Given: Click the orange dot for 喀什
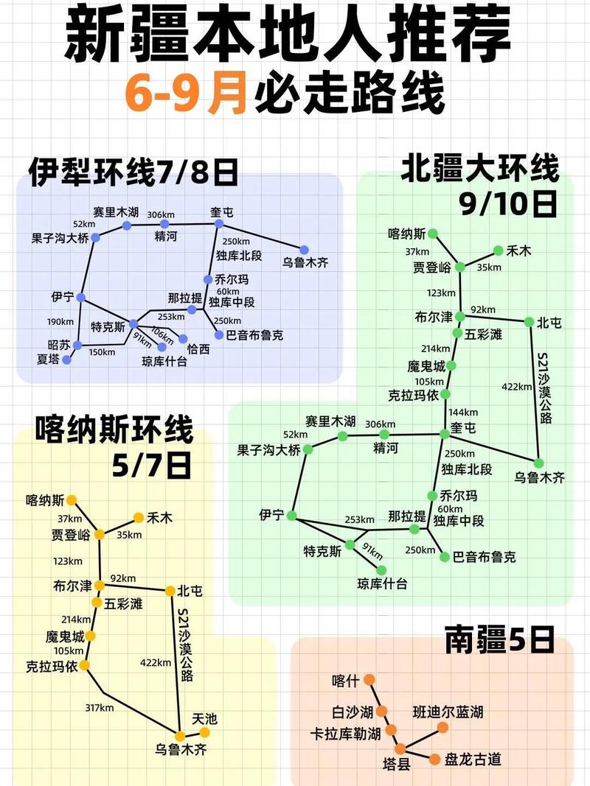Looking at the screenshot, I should tap(369, 679).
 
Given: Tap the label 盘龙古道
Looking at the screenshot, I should tap(472, 759).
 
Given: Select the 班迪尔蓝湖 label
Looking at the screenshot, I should tap(448, 712).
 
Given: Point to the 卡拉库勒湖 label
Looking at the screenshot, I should tap(346, 734).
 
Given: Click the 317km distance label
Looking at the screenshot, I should tap(99, 708).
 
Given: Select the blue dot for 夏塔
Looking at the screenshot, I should tap(67, 360).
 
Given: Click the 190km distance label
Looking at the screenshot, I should tap(60, 321).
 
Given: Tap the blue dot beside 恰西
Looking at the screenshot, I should tap(183, 340).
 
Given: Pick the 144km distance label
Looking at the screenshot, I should tap(463, 412).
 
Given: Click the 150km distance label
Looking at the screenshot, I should tap(102, 352).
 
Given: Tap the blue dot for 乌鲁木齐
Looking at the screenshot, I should tap(304, 250).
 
